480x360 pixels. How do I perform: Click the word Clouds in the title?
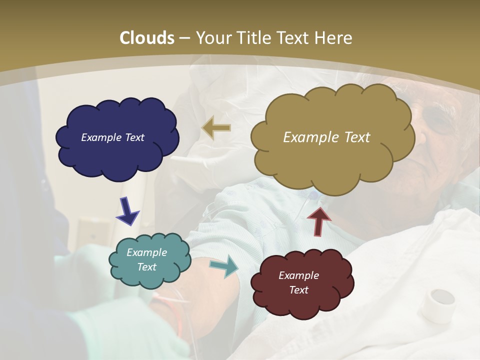pos(146,38)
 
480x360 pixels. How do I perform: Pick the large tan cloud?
pos(332,135)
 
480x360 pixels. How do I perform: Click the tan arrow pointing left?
pos(216,128)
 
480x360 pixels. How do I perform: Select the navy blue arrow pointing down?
pos(127,210)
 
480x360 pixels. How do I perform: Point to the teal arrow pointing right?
pos(224,266)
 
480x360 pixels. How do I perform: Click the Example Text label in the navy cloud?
pos(112,137)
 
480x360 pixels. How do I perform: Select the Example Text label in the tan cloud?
pos(326,137)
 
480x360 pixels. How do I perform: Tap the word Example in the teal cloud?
pos(146,252)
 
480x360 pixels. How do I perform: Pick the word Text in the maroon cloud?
pos(298,290)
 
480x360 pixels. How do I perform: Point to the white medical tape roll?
pos(437,304)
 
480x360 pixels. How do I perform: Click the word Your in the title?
pos(210,38)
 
